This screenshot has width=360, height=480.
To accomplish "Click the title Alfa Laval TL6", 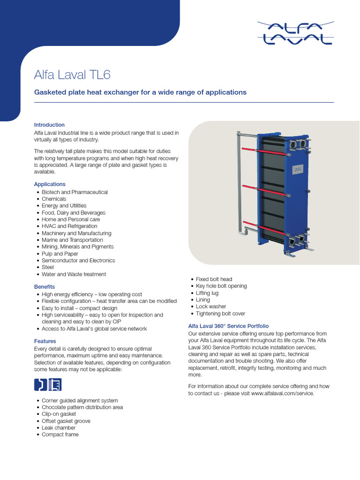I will pos(73,75).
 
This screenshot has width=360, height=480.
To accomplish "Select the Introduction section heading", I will pos(49,125).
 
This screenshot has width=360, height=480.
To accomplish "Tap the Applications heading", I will pos(50,184).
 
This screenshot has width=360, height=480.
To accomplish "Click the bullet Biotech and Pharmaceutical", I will pos(75,192).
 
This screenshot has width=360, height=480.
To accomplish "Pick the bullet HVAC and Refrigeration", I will pos(69,226).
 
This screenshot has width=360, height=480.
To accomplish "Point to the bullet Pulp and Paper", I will pos(60,254).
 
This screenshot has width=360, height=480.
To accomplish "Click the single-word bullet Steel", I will pos(48,267).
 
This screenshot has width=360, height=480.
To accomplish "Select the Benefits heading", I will pos(45,286).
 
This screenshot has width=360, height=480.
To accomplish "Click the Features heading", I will pos(45,341).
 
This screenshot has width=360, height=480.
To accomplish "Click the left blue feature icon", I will pos(40,385).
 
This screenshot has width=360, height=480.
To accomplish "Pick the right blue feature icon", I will pos(55,385).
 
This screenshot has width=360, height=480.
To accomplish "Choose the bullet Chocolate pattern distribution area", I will pos(82,407).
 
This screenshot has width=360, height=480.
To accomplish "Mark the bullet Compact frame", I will pos(60,435).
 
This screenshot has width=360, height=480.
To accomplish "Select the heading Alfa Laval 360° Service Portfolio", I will pos(228,326).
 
